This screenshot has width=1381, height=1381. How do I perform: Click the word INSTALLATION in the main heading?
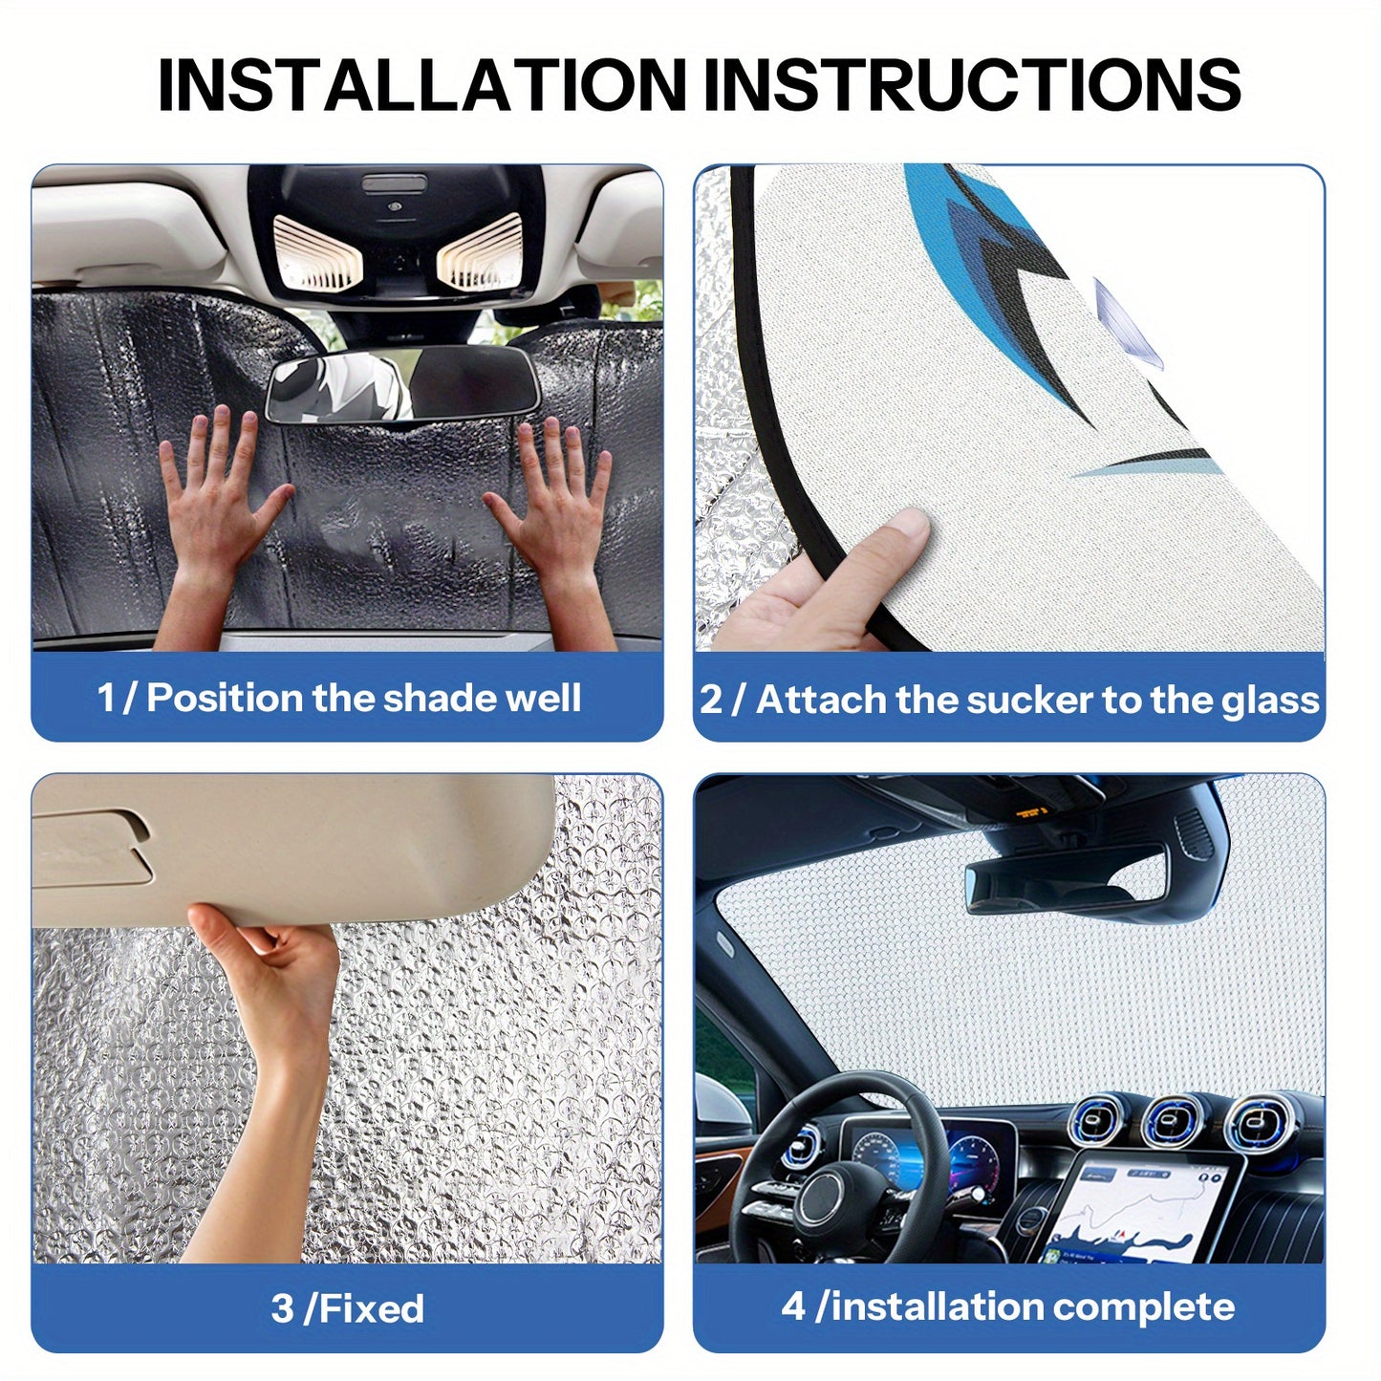click(x=421, y=85)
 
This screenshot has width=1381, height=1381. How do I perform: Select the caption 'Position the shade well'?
click(x=363, y=698)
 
